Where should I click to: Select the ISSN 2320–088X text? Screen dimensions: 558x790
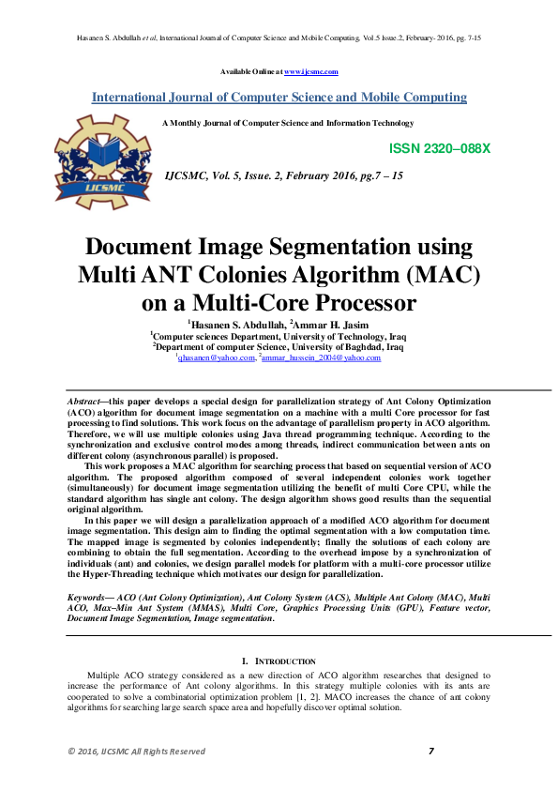(439, 149)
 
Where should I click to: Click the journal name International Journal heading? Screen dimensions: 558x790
(279, 97)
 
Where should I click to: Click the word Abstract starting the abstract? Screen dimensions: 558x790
(86, 401)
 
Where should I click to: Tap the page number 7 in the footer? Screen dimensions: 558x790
(430, 751)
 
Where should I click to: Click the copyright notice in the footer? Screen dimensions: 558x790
(135, 752)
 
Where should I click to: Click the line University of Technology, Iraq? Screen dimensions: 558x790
(278, 335)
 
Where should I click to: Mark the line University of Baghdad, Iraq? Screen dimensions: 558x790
(278, 345)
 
